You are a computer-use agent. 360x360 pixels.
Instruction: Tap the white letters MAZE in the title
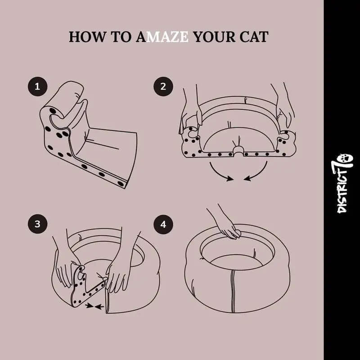[x=167, y=37]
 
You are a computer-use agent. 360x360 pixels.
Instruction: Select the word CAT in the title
[x=254, y=37]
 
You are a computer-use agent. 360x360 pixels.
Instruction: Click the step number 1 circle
[x=37, y=86]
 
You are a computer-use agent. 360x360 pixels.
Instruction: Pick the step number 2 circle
[x=163, y=86]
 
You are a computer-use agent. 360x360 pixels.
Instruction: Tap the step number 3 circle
[x=37, y=224]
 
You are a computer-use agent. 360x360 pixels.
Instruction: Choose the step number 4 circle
[x=163, y=224]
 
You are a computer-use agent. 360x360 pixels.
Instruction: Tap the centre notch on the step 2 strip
[x=238, y=151]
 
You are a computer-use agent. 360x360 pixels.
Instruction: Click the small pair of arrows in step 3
[x=94, y=306]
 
